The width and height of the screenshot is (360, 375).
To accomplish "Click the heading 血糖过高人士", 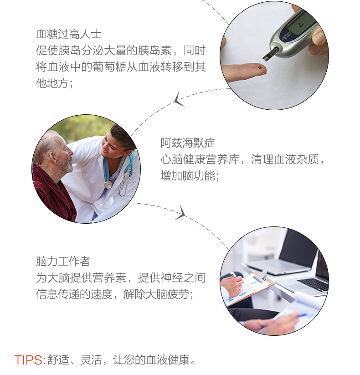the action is click(x=69, y=34).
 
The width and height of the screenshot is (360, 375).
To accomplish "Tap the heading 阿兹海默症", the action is click(x=188, y=143).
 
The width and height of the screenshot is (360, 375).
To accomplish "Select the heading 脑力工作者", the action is click(x=63, y=262).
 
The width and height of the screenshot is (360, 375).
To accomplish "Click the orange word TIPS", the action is click(x=28, y=360).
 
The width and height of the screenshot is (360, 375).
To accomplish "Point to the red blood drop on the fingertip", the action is click(x=260, y=68).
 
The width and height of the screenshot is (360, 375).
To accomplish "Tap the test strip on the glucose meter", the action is click(x=270, y=54).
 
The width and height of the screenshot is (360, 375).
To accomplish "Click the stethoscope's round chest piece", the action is click(x=108, y=185).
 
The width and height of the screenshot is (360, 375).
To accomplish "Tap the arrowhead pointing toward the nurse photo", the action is click(x=179, y=100).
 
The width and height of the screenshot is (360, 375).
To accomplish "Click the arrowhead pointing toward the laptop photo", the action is click(x=181, y=213).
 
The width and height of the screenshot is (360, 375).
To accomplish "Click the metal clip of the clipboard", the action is click(x=261, y=276).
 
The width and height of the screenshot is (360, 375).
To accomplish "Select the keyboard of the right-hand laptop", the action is click(x=314, y=284).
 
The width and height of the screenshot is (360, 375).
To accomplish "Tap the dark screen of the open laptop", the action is click(x=299, y=249).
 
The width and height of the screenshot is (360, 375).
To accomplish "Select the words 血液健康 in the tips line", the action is click(x=168, y=360).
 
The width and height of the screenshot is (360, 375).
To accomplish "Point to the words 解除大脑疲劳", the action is click(x=156, y=294).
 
